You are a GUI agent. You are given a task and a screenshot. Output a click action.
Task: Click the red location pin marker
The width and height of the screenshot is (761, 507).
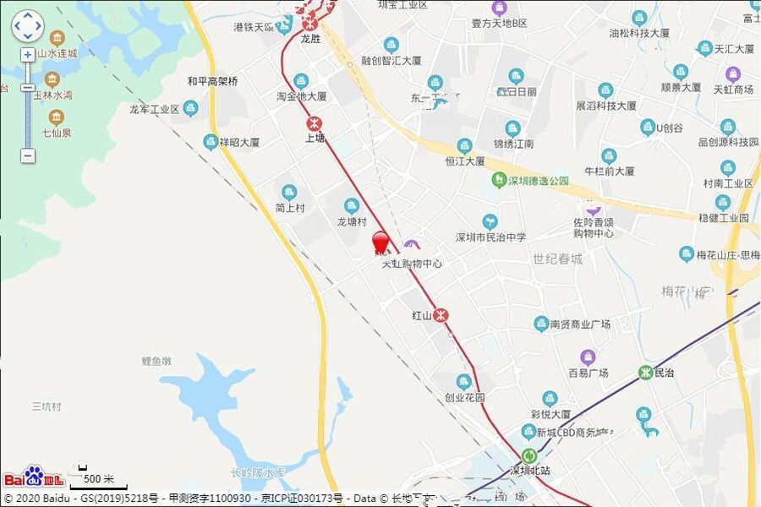coord(381,243)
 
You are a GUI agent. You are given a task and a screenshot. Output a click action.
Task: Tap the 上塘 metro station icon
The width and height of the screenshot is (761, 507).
coord(315,122)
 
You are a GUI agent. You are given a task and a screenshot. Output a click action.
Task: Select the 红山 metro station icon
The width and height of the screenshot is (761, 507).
coord(441,315)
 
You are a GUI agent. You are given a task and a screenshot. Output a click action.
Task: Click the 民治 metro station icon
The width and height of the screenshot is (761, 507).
coord(646,373)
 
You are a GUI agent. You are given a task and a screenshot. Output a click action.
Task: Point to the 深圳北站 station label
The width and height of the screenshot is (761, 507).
coord(529,470)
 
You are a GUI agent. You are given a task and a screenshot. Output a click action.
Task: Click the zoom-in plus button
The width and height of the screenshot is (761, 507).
coord(28,54)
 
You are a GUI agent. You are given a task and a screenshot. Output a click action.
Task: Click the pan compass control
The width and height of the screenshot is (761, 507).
coord(27,26)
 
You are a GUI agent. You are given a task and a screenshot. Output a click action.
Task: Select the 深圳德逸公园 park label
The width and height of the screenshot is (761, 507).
coord(538,181)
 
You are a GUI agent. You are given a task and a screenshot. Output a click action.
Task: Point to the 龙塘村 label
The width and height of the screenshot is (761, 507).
coord(352,221)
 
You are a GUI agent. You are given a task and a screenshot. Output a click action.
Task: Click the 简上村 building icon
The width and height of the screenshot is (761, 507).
coord(289,192)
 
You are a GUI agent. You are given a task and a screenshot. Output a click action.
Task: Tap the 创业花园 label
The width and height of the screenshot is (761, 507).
coord(464,397)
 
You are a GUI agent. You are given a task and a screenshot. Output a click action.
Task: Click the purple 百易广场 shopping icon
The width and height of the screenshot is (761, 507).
coord(588,357)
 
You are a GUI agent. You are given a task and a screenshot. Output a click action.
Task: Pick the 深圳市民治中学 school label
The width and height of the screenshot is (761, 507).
coord(490,237)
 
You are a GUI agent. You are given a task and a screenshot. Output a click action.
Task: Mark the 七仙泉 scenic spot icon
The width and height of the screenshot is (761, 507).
coord(57,117)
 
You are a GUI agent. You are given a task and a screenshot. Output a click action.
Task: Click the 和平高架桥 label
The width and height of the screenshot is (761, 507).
coord(212,82)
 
